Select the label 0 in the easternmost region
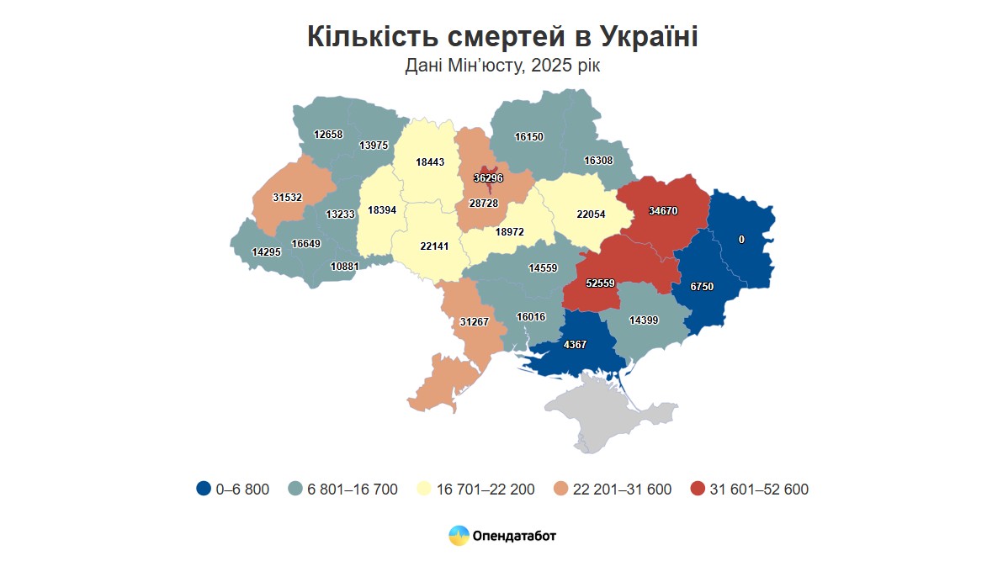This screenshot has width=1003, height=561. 741,240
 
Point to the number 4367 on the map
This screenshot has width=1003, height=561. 575,344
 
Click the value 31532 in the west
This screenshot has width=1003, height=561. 289,198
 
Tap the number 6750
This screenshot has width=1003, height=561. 701,287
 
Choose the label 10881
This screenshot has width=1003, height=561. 345,266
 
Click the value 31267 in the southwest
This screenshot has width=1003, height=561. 475,321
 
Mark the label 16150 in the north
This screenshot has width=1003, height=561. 529,136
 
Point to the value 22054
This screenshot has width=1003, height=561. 591,214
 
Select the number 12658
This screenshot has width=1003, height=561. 328,134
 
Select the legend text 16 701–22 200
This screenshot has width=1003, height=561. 486,490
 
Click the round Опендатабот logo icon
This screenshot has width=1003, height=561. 459,536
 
